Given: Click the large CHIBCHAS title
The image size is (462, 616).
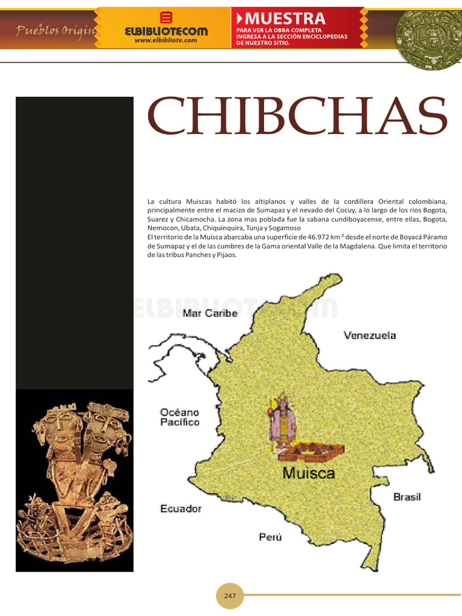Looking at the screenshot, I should coord(297,116).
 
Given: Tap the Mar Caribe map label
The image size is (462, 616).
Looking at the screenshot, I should coord(210,313).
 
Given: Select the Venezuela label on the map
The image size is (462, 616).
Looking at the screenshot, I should coord(369,335).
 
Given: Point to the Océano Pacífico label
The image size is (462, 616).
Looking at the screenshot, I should coord(179,417).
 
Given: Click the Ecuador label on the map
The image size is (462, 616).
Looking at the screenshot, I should coord(180,509).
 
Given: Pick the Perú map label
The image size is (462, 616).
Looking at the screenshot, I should coord(270,537).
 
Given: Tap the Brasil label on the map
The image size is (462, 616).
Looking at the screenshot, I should coord(407,497).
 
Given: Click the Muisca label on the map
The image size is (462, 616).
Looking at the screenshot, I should coord(309,473).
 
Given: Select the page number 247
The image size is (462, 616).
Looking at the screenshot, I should coord(230,596).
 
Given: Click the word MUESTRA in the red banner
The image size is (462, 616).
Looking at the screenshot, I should coord(285,18).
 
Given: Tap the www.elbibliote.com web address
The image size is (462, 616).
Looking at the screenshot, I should coord(165,40).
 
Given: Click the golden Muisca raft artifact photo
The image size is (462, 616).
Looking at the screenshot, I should coord(74,480).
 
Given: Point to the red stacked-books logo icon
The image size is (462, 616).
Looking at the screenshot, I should coord(166,17).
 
